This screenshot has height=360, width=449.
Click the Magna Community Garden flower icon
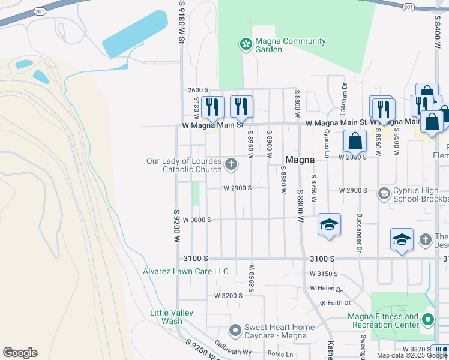click(x=245, y=44)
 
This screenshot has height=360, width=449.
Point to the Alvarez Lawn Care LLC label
click(x=185, y=271)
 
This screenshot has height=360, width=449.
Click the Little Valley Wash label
click(x=172, y=317)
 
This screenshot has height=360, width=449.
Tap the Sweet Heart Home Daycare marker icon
click(x=235, y=330)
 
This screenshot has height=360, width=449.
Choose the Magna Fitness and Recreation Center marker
click(x=427, y=320)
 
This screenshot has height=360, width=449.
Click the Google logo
click(x=20, y=353)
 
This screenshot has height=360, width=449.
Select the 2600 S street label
click(x=197, y=90)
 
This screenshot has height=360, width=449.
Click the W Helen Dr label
click(x=325, y=288)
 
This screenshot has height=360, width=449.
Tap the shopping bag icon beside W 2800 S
click(x=355, y=142)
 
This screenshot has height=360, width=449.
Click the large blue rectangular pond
click(x=134, y=35)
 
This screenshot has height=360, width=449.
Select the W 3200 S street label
click(x=228, y=296)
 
